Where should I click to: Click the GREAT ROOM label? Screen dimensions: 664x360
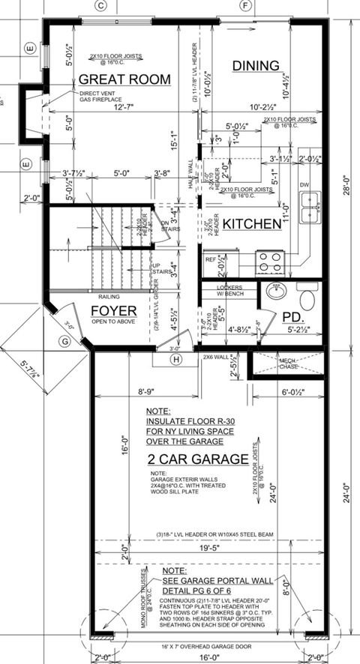(x=124, y=79)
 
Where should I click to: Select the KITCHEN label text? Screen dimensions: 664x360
(x=251, y=223)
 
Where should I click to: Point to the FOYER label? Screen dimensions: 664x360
(x=114, y=310)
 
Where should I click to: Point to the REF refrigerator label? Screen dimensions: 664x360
(x=211, y=259)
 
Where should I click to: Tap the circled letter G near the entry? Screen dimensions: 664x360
(x=66, y=342)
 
